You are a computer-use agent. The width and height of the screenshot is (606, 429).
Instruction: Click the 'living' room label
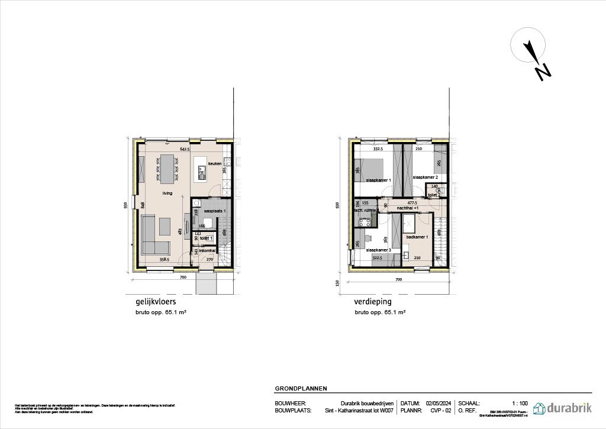168,193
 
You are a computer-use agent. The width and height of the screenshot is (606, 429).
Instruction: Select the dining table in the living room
167,168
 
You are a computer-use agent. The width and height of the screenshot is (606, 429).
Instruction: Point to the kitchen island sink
201,175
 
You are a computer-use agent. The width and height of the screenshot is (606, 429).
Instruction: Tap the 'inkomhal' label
207,251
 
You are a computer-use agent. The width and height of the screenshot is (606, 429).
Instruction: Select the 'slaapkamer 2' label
425,177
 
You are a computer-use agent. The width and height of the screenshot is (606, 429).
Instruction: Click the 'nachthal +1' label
408,208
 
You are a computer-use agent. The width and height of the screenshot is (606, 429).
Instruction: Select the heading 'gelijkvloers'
143,301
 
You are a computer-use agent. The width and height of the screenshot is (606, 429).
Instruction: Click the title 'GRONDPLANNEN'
301,389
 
